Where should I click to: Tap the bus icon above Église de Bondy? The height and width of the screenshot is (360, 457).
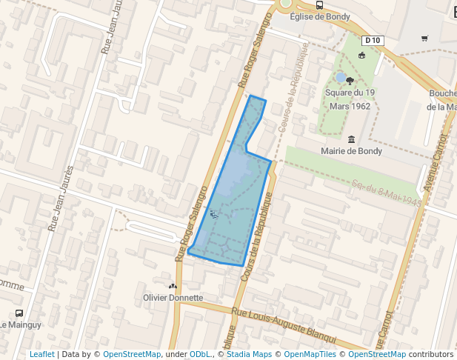[x=319, y=4]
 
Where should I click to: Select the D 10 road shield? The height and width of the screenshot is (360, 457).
[x=373, y=40]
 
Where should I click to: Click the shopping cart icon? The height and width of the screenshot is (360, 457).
[x=424, y=39]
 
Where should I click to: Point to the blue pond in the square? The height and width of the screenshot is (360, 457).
[x=341, y=77]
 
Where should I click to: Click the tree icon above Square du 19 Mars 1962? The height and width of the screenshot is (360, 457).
[x=350, y=81]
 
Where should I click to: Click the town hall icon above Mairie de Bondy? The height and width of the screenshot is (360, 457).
[x=351, y=139]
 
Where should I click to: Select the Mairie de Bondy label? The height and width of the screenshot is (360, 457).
[x=351, y=151]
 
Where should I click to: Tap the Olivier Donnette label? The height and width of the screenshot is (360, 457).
[x=173, y=298]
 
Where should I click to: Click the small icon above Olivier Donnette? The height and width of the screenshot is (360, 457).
[x=173, y=286]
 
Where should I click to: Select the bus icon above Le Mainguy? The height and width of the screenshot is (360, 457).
[x=19, y=313]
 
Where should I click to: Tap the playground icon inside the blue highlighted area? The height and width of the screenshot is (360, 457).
[x=214, y=215]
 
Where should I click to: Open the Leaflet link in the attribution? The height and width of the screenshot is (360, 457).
[x=41, y=355]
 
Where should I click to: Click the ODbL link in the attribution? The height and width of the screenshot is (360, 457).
[x=200, y=355]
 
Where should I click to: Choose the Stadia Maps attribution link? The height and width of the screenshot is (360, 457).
[x=249, y=355]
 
